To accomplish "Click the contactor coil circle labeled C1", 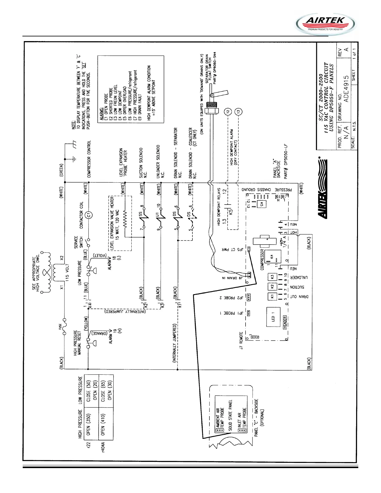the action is tap(89, 215).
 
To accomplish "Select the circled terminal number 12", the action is tap(228, 111).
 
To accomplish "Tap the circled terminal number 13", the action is tap(239, 111).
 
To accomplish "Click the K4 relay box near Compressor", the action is tap(272, 257).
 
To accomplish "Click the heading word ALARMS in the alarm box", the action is tap(102, 114).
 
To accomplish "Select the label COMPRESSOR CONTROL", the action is tap(89, 159).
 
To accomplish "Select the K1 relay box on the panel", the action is tap(271, 296).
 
